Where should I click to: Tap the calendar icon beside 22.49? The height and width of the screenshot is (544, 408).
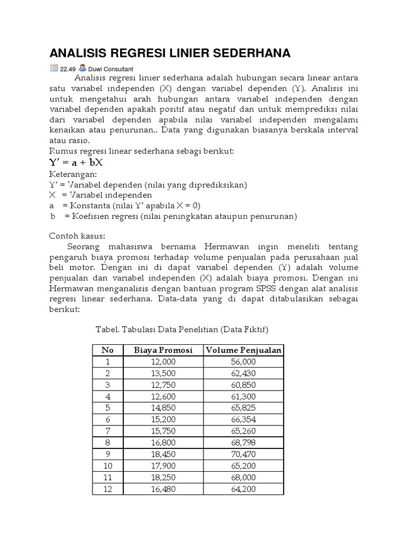[53, 68]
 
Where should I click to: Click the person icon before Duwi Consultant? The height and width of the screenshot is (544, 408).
[82, 68]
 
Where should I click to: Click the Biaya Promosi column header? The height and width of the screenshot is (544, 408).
[164, 350]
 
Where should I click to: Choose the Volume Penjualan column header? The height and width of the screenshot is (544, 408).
[244, 350]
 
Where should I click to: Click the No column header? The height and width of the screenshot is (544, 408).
[108, 350]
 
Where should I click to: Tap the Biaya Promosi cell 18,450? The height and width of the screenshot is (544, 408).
[164, 454]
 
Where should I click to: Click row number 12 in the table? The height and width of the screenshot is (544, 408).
[108, 489]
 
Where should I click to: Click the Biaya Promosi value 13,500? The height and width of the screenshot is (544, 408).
[164, 373]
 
